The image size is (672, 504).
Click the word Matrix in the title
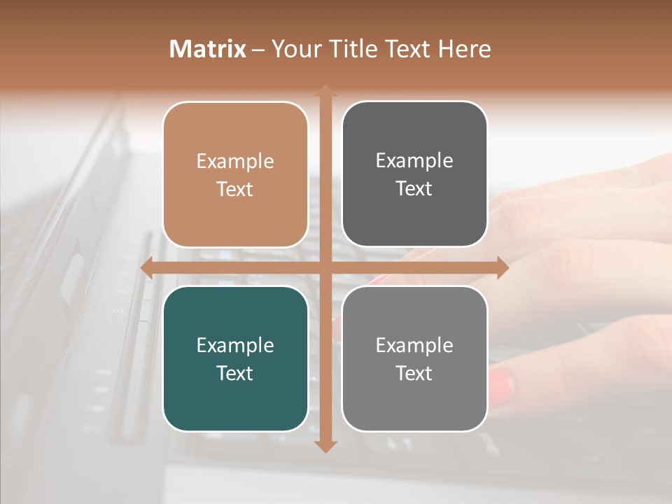[x=208, y=49]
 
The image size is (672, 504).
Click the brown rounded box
[x=235, y=175]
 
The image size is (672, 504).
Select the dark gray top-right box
[x=414, y=174]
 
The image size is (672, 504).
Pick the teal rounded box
[x=235, y=358]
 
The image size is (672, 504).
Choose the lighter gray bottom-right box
[x=414, y=358]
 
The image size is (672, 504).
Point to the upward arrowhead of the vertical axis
[x=325, y=90]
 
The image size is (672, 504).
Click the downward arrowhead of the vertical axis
[x=325, y=446]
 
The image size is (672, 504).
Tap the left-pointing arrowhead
[x=146, y=268]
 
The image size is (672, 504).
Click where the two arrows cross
[x=325, y=268]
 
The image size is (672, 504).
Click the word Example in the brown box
[x=235, y=162]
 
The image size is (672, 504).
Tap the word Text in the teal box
[x=235, y=373]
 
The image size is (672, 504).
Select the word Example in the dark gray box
[x=414, y=161]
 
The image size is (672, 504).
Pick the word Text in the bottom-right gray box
[x=414, y=373]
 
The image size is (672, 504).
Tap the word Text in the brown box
[x=235, y=189]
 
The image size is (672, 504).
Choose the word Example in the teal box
[x=235, y=345]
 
